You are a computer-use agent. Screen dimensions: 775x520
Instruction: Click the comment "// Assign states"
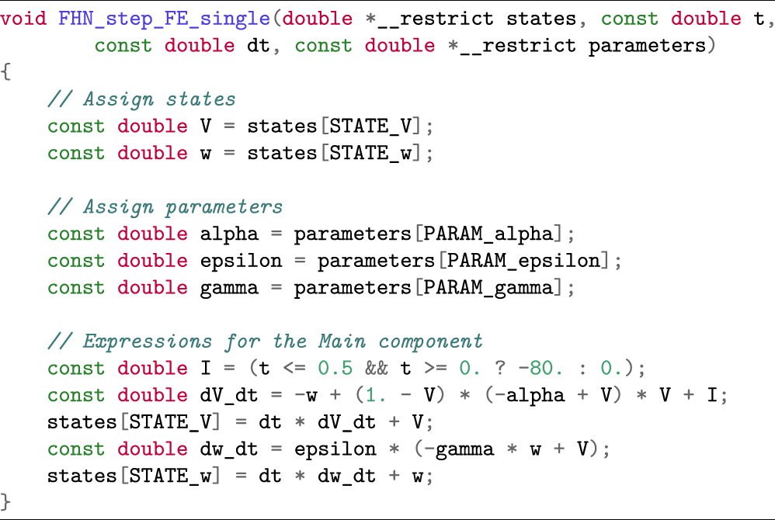(141, 99)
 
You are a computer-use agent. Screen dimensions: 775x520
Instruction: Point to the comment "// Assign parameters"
(165, 207)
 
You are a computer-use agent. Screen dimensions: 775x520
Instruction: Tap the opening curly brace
(7, 73)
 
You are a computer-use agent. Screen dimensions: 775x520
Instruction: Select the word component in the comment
(431, 341)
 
